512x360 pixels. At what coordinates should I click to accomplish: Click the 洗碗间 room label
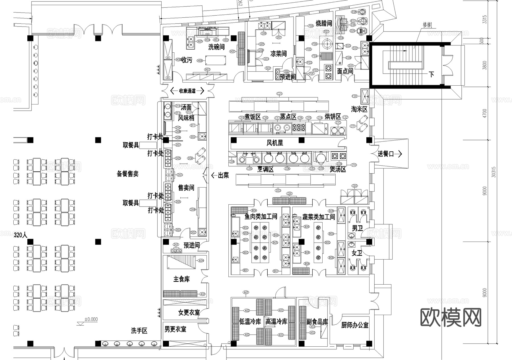coord(216,47)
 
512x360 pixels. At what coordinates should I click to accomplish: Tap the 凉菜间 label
coord(278,54)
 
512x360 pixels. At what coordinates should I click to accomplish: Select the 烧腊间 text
coord(324,23)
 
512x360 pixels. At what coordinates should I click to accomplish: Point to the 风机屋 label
coord(275,143)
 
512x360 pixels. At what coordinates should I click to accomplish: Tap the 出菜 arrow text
coord(220,175)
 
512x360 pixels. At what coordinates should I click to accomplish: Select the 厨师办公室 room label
coord(355,325)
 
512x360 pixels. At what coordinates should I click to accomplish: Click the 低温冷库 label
coord(250,322)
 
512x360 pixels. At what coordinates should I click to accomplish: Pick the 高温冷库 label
coord(276,322)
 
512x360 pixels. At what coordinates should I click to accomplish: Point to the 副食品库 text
coord(317,322)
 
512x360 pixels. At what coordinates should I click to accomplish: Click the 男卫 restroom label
coord(357,228)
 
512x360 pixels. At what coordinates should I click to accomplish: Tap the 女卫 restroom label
coord(357,253)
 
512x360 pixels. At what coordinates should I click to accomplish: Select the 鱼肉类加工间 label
coord(261,217)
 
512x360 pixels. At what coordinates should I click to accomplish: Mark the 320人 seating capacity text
coord(20,235)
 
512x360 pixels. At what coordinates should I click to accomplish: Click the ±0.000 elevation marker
coord(91,319)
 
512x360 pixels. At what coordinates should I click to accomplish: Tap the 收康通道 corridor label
coord(187,91)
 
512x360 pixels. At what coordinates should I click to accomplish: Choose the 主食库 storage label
coord(181,279)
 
